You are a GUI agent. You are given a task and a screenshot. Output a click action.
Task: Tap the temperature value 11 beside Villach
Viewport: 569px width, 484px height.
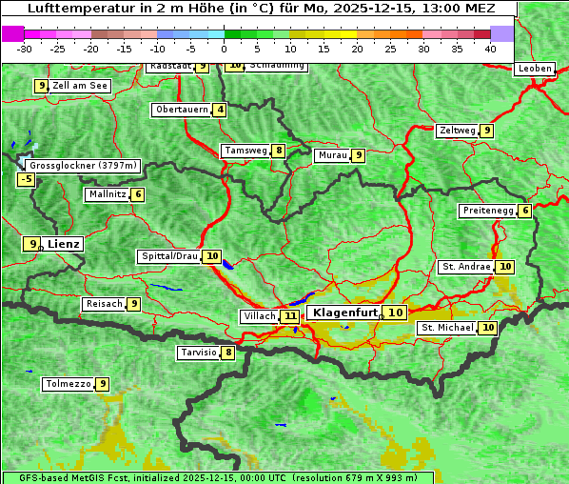click(x=290, y=315)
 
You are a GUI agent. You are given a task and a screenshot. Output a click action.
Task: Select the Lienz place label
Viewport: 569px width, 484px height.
click(x=64, y=244)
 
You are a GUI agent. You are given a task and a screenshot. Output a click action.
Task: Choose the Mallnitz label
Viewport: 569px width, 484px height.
click(x=107, y=194)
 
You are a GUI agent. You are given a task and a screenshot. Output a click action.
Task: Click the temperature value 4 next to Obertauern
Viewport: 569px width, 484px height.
click(x=221, y=110)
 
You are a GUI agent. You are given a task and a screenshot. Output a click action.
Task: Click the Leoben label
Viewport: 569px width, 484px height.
click(x=533, y=69)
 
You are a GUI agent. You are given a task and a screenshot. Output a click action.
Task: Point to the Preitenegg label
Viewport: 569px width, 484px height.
click(x=488, y=211)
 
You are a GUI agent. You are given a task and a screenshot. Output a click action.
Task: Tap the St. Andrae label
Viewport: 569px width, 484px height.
click(x=465, y=267)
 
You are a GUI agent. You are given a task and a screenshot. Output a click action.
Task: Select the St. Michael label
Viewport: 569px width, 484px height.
click(x=447, y=328)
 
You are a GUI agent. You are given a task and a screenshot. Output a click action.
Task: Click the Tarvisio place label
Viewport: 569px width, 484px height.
click(x=198, y=353)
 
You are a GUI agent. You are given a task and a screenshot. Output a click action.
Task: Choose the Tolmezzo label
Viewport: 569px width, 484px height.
click(x=68, y=384)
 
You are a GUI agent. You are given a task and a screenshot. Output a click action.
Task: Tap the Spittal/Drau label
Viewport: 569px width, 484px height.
click(x=169, y=256)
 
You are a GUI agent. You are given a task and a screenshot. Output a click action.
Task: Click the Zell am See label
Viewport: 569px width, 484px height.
click(x=80, y=86)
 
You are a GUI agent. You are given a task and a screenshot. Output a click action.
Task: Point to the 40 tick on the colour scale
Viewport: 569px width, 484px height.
click(x=490, y=49)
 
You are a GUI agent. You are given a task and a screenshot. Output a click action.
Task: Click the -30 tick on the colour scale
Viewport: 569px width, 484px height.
click(x=25, y=49)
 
